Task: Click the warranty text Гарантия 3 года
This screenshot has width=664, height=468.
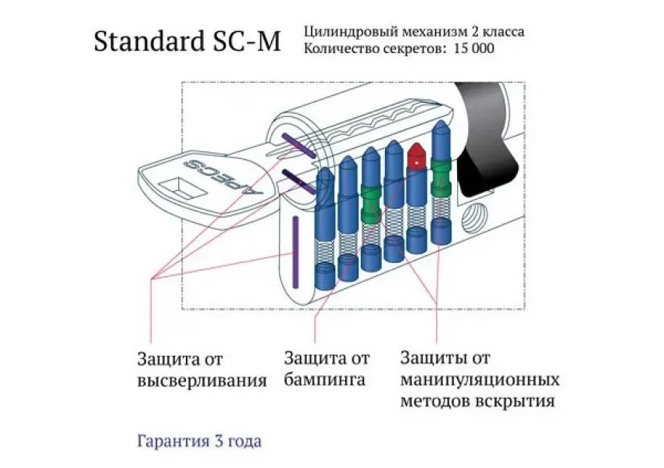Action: [199, 441]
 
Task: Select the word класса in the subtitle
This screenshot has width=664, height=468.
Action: [505, 32]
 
